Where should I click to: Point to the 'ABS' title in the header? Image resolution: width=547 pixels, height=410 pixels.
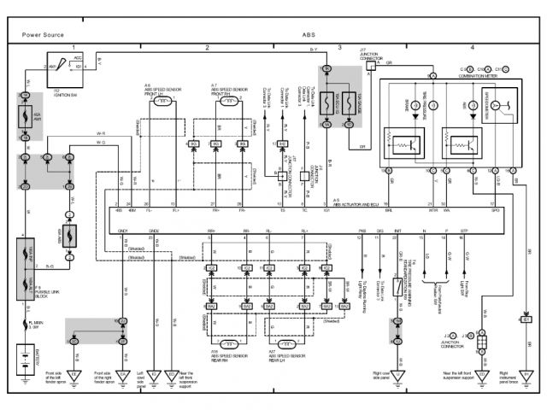coord(308,35)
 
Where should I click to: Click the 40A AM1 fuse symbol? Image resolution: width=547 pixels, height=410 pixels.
coord(26,119)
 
